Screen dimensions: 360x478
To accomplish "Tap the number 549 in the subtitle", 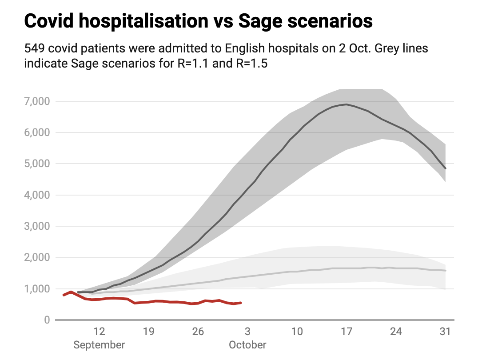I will pos(33,48).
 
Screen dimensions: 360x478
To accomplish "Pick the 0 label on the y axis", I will pos(46,320).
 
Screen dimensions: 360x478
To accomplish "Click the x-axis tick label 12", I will pos(99,332).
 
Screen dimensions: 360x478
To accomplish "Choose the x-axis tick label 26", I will pos(198,332).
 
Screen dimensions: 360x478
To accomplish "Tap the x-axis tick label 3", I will pos(247,332).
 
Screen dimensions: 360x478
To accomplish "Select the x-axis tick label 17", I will pos(347,332).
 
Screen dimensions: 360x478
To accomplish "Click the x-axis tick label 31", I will pos(445,332).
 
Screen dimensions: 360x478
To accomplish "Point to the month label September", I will pos(99,345).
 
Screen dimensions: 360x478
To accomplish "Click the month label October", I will pos(247,345).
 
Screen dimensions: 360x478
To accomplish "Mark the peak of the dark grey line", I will pos(347,104).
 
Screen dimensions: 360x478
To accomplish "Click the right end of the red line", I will pos(241,303).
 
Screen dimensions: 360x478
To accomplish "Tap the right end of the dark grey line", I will pos(445,168).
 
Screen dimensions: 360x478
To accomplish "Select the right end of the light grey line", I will pos(445,271).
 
